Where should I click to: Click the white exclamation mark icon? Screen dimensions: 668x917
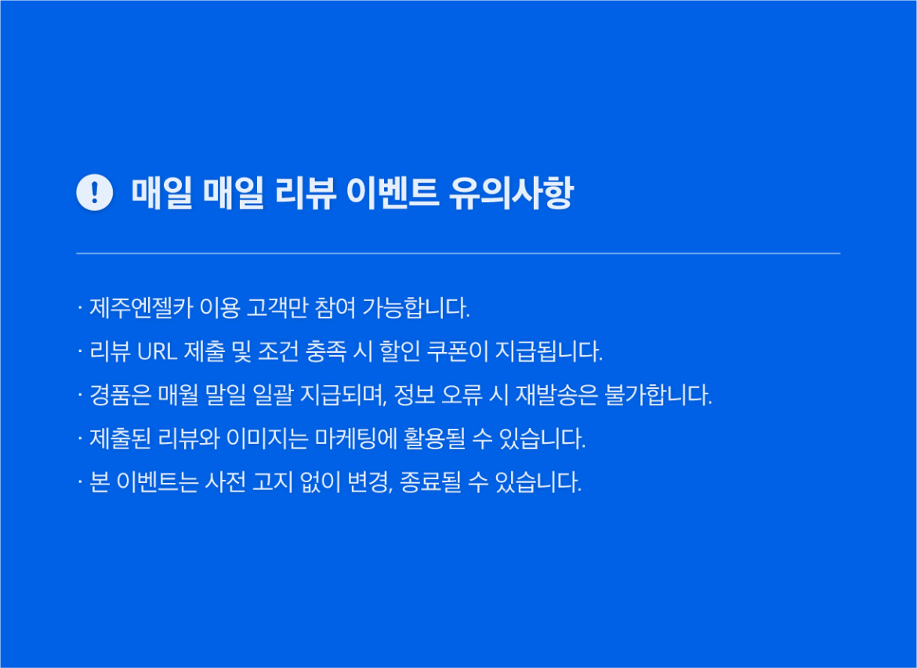coord(95,192)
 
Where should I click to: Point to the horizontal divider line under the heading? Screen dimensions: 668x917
coord(458,253)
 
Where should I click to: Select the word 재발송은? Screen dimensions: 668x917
coord(557,395)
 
